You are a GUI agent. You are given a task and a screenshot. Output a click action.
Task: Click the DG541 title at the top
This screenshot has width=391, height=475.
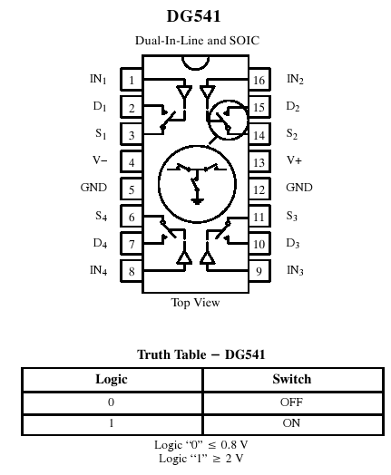click(x=193, y=16)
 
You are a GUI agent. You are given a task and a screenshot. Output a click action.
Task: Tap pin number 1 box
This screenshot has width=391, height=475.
click(x=132, y=80)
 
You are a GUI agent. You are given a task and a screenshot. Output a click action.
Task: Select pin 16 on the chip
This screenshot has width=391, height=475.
click(x=259, y=80)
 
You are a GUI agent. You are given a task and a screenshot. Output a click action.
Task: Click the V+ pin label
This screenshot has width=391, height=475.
click(x=294, y=160)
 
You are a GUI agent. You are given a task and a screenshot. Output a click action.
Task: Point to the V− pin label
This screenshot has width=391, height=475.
click(x=100, y=160)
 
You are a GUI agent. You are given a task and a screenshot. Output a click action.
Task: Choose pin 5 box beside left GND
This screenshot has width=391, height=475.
click(x=132, y=189)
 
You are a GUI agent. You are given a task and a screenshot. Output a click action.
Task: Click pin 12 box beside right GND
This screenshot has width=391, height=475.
click(x=259, y=189)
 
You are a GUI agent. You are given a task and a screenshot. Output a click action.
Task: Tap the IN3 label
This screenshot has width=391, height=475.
click(x=295, y=270)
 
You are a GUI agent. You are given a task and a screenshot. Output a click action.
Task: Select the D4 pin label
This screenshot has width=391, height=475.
click(x=100, y=243)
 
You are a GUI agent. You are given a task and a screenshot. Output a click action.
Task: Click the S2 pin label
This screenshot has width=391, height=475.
click(x=292, y=133)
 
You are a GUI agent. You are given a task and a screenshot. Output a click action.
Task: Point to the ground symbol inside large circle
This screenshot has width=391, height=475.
click(x=197, y=201)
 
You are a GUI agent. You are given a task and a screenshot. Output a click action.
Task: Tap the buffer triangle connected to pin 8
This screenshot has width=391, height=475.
click(x=184, y=257)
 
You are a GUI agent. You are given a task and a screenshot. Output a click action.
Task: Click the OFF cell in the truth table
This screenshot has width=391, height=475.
click(x=291, y=402)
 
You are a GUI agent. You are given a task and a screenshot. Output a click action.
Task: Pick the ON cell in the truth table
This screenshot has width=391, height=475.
click(x=291, y=423)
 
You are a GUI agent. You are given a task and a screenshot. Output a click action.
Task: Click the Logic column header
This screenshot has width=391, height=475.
click(x=112, y=379)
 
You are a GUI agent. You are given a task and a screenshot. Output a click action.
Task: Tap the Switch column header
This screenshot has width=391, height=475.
click(x=291, y=379)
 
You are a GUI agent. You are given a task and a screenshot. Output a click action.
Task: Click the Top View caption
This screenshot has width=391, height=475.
click(x=196, y=303)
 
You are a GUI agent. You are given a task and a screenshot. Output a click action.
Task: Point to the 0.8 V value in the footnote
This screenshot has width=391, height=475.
click(x=234, y=445)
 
